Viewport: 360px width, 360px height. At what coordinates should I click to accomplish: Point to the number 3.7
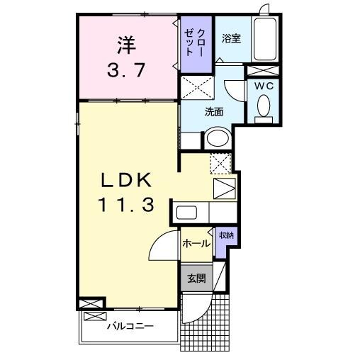click(125, 70)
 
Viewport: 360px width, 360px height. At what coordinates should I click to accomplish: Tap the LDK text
click(125, 179)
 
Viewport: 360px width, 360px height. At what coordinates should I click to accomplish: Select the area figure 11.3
click(125, 206)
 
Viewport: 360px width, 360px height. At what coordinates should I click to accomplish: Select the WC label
click(264, 86)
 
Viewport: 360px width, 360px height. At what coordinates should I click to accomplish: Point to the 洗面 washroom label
click(214, 111)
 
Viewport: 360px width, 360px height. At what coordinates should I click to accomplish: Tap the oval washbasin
click(218, 138)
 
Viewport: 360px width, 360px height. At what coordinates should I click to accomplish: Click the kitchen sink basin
click(187, 213)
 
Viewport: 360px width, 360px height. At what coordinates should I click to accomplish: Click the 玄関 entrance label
click(196, 279)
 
